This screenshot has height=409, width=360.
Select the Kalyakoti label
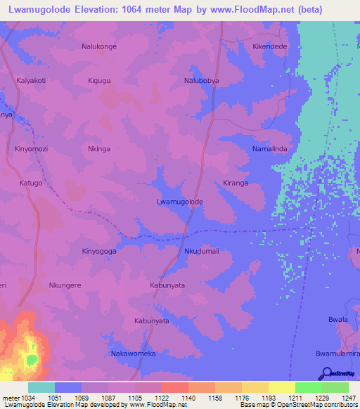[x=31, y=81]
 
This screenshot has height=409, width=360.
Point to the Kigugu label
[x=99, y=81]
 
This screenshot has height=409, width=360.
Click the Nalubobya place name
[x=202, y=81]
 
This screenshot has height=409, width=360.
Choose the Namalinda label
[x=270, y=149]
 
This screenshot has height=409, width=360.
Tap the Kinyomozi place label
[x=31, y=149]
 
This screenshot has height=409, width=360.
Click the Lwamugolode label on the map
[x=179, y=202]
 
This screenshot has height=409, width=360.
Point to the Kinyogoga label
[x=99, y=251]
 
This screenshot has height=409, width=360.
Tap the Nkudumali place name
[x=202, y=251]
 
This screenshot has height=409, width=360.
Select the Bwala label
[x=338, y=319]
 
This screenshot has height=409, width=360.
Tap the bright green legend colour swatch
[x=308, y=387]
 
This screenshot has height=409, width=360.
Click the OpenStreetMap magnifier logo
[x=326, y=373]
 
